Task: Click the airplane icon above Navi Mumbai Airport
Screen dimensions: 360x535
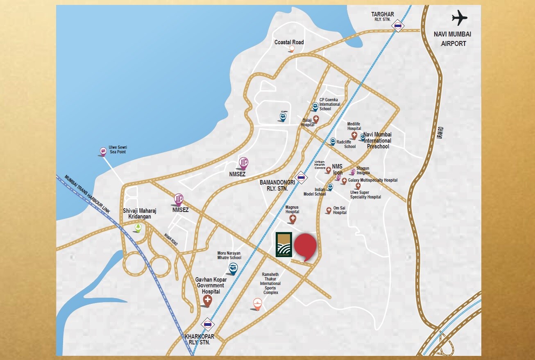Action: tap(460, 18)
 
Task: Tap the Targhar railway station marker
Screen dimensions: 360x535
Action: tap(398, 26)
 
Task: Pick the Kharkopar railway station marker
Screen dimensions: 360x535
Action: tap(208, 325)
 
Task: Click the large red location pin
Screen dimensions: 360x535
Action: tap(306, 246)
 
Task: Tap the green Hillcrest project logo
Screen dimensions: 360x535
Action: tap(283, 244)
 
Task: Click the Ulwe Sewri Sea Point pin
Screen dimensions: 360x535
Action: tap(103, 152)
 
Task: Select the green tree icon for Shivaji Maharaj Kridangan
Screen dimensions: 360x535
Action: tap(138, 228)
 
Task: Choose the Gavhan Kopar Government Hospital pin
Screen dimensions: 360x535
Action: tap(208, 301)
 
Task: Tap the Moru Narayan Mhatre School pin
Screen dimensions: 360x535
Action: tap(233, 269)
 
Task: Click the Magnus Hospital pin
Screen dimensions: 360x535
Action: tap(292, 219)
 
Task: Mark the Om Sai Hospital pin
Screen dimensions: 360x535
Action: tap(329, 210)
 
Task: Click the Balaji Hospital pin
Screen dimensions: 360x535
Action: tap(316, 119)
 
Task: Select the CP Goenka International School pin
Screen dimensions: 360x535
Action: tap(315, 107)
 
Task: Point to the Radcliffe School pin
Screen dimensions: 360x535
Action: tap(333, 141)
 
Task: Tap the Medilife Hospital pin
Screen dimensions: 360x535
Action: tap(354, 135)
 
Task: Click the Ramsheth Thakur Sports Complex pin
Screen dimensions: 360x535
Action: tap(257, 304)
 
